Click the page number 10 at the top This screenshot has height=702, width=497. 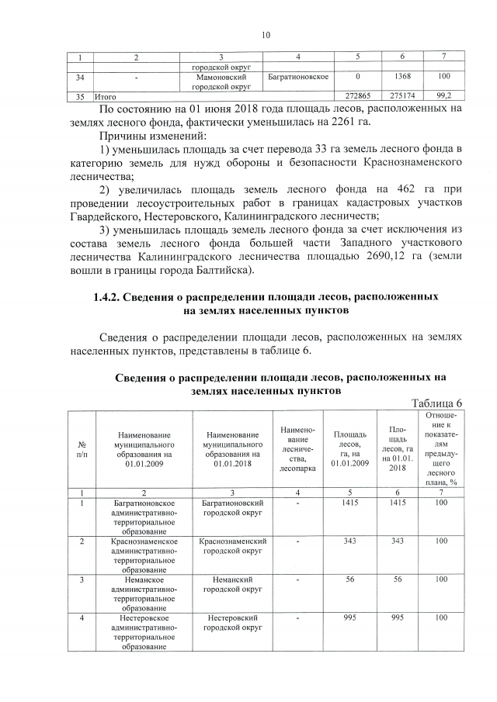[x=266, y=35]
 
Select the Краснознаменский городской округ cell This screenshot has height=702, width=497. [x=232, y=545]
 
